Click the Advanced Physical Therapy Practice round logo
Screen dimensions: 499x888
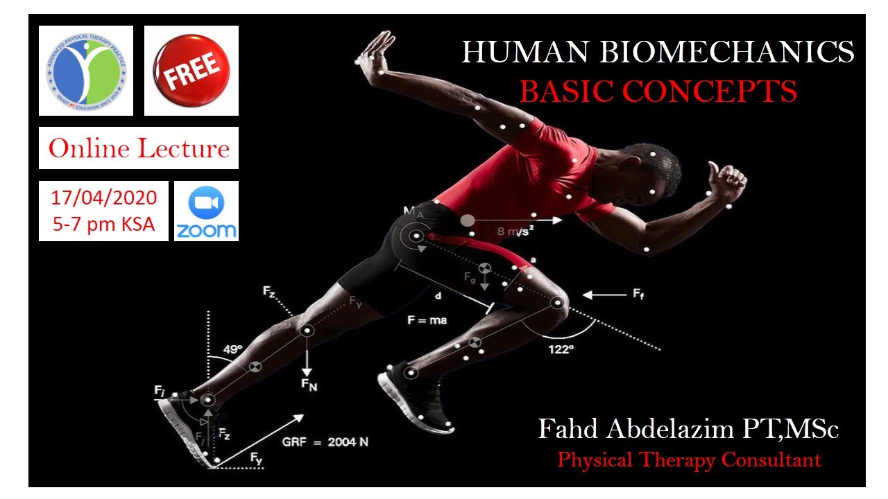click(x=86, y=71)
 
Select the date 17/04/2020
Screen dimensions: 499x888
click(x=103, y=198)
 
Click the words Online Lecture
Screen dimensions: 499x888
click(x=139, y=148)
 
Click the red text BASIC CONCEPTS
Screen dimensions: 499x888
click(x=658, y=91)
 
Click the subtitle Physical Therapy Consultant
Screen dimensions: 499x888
click(x=689, y=459)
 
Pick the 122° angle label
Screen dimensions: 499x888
click(x=560, y=349)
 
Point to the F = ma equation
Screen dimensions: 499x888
click(x=427, y=320)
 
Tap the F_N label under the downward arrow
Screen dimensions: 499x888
click(x=309, y=385)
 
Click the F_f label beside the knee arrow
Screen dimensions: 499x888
click(x=638, y=295)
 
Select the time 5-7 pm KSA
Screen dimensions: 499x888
click(x=103, y=225)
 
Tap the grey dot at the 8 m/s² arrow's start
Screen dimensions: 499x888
click(x=468, y=220)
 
